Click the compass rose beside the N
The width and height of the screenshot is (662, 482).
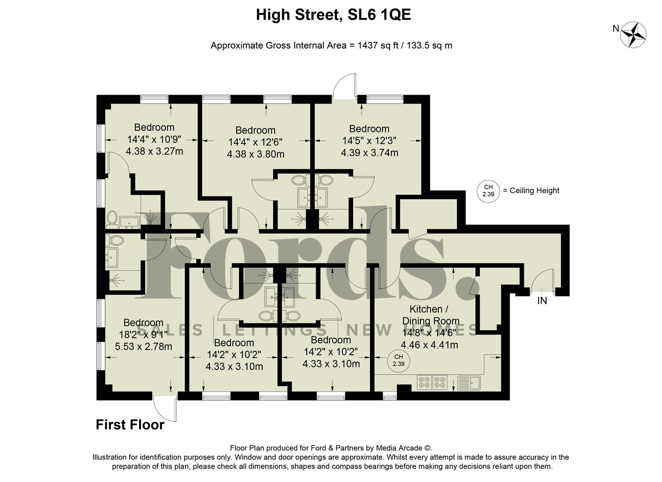tap(633, 34)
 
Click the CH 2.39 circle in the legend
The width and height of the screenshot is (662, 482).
tap(488, 191)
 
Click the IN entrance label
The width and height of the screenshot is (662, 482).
tap(542, 301)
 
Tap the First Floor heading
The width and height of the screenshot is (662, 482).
tap(130, 424)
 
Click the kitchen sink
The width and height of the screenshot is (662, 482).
tap(469, 382)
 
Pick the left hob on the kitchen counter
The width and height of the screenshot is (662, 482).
tap(424, 382)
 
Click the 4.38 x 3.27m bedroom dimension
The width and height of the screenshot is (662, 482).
tap(154, 151)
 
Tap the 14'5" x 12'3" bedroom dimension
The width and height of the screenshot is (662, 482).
tap(369, 141)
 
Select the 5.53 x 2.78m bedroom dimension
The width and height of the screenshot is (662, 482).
tap(144, 346)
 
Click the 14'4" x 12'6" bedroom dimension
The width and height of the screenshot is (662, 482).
tap(255, 142)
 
